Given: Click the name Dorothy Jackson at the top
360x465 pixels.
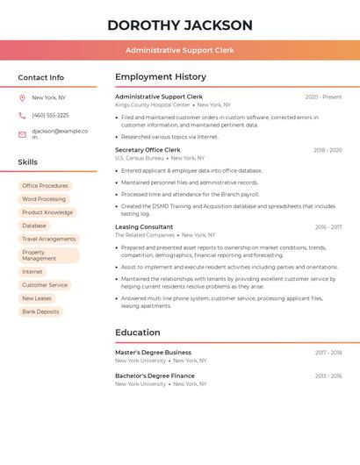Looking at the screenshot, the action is [x=180, y=25].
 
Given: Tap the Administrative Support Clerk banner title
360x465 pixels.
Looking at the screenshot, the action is [x=180, y=50].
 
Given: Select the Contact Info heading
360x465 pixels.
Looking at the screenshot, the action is [x=41, y=77].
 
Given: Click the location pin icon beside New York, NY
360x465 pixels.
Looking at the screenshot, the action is [x=22, y=98].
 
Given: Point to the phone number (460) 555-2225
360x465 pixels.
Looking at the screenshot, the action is [x=50, y=116].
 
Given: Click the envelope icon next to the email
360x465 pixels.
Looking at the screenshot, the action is [x=22, y=134].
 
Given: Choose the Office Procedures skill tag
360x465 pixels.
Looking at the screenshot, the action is [x=45, y=186].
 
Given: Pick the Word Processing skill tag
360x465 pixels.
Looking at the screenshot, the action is [x=44, y=199].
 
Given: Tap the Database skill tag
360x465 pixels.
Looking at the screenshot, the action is [x=34, y=225].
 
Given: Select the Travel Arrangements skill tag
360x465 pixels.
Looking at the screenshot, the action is [x=49, y=239].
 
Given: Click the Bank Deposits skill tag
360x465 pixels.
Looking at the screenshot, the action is [x=40, y=311].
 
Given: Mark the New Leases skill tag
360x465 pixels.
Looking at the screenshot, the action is [x=37, y=298].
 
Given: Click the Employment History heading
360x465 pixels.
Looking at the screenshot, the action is [x=161, y=77].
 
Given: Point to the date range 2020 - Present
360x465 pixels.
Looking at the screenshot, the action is [x=323, y=97].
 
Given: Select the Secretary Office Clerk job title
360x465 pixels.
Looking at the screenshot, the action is [x=148, y=150].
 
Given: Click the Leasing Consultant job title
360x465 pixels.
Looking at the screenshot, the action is [x=144, y=227].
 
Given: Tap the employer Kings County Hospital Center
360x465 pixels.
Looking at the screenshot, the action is [x=153, y=105].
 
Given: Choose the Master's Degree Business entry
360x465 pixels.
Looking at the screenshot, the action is [x=153, y=352].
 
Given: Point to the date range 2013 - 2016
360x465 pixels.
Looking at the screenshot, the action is [x=328, y=376].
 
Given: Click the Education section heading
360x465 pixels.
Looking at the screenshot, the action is [x=138, y=333].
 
